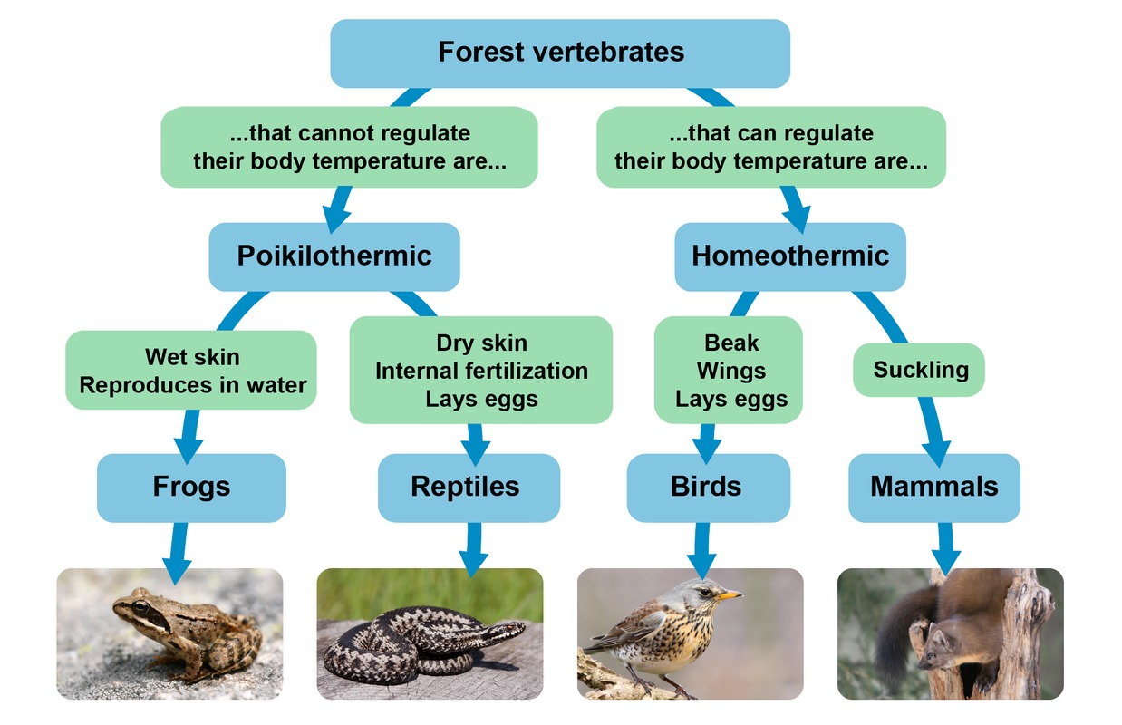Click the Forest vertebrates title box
pyautogui.click(x=560, y=53)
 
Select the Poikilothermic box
pyautogui.click(x=334, y=256)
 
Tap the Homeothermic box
pyautogui.click(x=790, y=256)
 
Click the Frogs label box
pyautogui.click(x=191, y=488)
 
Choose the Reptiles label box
pyautogui.click(x=469, y=488)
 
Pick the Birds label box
pyautogui.click(x=708, y=488)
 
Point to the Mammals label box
pyautogui.click(x=934, y=488)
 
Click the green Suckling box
pyautogui.click(x=919, y=370)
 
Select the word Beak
pyautogui.click(x=731, y=343)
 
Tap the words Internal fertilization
pyautogui.click(x=481, y=372)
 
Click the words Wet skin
pyautogui.click(x=192, y=357)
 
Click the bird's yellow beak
pyautogui.click(x=729, y=595)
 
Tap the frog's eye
pyautogui.click(x=140, y=607)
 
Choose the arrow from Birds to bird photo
pyautogui.click(x=701, y=551)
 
